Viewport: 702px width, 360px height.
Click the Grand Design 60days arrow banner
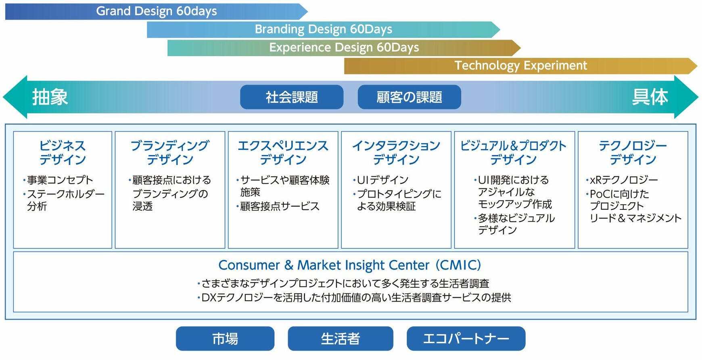pyautogui.click(x=157, y=11)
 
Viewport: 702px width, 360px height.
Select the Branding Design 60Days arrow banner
pyautogui.click(x=324, y=29)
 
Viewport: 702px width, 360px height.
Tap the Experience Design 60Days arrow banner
pyautogui.click(x=344, y=48)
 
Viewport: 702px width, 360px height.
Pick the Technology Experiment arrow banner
pyautogui.click(x=521, y=66)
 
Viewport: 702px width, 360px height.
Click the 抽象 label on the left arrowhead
pyautogui.click(x=50, y=97)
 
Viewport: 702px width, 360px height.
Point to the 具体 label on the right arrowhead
pyautogui.click(x=650, y=97)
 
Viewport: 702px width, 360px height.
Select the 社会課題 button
pyautogui.click(x=292, y=97)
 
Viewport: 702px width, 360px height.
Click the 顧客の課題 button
pyautogui.click(x=409, y=97)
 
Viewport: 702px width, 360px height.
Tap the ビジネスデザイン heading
pyautogui.click(x=63, y=153)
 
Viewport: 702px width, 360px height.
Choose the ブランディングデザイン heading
pyautogui.click(x=170, y=153)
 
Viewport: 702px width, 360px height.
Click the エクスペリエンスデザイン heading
pyautogui.click(x=283, y=153)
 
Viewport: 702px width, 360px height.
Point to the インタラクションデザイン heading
pyautogui.click(x=396, y=153)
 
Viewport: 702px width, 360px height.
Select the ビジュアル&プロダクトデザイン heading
pyautogui.click(x=514, y=153)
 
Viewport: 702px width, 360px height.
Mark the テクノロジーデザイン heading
pyautogui.click(x=633, y=153)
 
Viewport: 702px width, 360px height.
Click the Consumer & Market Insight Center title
pyautogui.click(x=350, y=265)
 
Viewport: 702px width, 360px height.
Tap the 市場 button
pyautogui.click(x=225, y=339)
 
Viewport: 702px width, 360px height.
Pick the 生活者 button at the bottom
pyautogui.click(x=341, y=339)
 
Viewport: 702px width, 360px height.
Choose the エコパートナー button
pyautogui.click(x=466, y=339)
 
